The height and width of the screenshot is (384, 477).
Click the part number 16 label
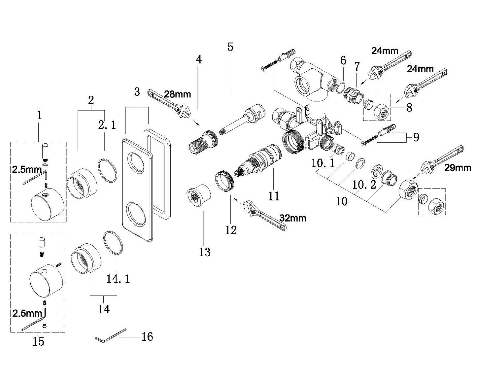pos(147,337)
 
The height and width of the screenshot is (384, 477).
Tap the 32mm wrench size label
pos(292,218)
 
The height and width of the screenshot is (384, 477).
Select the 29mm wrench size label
pos(458,168)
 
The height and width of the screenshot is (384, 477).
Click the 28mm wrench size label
pos(177,94)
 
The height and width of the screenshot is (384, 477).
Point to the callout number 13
pos(205,252)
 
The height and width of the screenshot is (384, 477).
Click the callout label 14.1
pos(118,279)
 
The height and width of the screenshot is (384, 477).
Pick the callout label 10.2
pos(364,185)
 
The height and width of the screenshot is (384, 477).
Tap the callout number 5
pos(230,47)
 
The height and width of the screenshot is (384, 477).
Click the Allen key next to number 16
pos(111,335)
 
